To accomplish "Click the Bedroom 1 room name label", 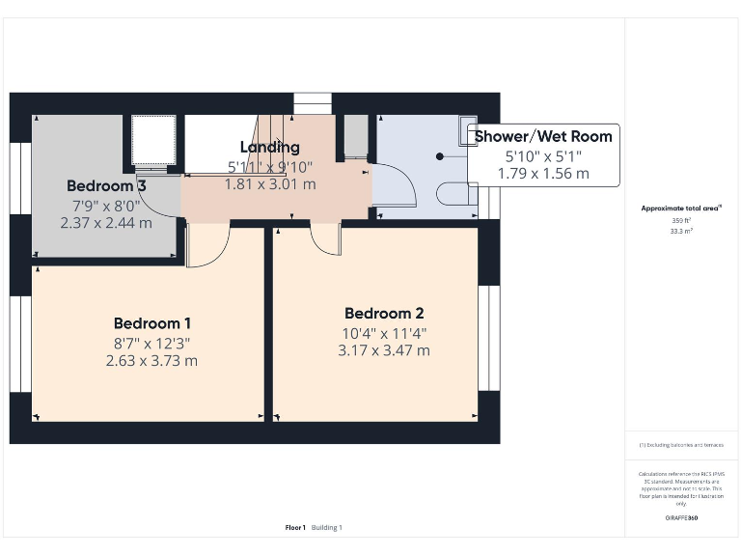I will [x=152, y=323].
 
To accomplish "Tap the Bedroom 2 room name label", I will [x=384, y=314].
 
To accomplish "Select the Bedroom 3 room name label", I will [x=106, y=185].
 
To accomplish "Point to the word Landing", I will [x=269, y=148].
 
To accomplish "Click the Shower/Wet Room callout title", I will [x=542, y=136].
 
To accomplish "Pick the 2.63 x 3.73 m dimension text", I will [x=151, y=361].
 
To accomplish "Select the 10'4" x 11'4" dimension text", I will [x=384, y=333].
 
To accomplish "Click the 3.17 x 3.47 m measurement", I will [x=384, y=350].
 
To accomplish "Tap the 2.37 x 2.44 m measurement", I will [x=106, y=222].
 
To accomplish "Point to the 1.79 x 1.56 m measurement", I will [x=542, y=174].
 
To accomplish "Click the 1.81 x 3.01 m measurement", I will [x=269, y=183].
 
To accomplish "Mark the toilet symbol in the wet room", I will [x=455, y=194].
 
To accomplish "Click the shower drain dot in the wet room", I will [x=439, y=155].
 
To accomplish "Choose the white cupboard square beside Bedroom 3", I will [x=153, y=141].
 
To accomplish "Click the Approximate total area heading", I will [x=681, y=208].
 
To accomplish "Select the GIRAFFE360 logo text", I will [x=681, y=518].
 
